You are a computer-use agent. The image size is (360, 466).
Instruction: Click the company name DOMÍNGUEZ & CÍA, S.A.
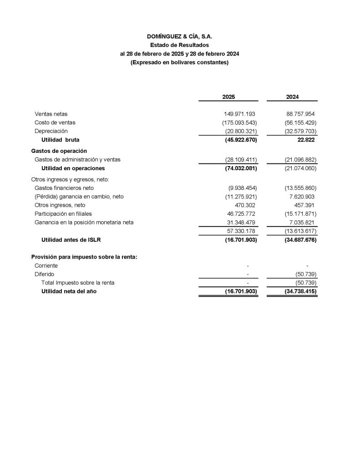click(x=179, y=36)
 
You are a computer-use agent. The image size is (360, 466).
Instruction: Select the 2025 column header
click(x=228, y=97)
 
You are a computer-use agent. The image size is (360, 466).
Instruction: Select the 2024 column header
click(x=292, y=97)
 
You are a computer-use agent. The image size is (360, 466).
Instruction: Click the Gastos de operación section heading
click(x=59, y=151)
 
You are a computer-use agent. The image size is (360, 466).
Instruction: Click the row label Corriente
click(x=46, y=266)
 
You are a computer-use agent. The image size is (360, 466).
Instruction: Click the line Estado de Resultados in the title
click(x=179, y=45)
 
